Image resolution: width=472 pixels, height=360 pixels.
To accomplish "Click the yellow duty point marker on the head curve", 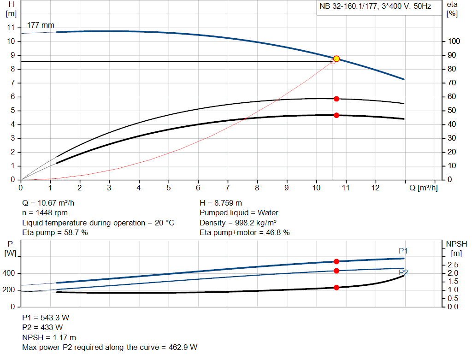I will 336,59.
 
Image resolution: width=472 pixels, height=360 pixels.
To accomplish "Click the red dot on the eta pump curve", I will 336,99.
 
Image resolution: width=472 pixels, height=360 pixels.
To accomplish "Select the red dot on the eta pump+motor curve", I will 336,115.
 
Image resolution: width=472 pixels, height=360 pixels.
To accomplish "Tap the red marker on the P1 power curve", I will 336,261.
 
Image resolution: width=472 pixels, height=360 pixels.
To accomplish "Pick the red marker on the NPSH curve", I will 336,287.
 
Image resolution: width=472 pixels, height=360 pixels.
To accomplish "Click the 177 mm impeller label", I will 41,25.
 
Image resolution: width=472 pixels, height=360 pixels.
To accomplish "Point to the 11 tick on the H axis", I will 12,27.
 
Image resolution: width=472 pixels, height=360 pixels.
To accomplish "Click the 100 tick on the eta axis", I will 454,41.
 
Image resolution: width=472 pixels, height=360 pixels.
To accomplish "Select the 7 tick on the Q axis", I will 228,188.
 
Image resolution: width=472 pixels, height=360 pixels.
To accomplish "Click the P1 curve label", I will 403,251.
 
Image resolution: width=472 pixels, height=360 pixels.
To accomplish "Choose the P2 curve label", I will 403,273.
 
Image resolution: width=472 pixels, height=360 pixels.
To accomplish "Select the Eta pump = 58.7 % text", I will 55,232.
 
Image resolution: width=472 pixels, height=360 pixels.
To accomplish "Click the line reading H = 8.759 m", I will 221,203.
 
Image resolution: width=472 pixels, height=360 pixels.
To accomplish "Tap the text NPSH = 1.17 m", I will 49,337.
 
